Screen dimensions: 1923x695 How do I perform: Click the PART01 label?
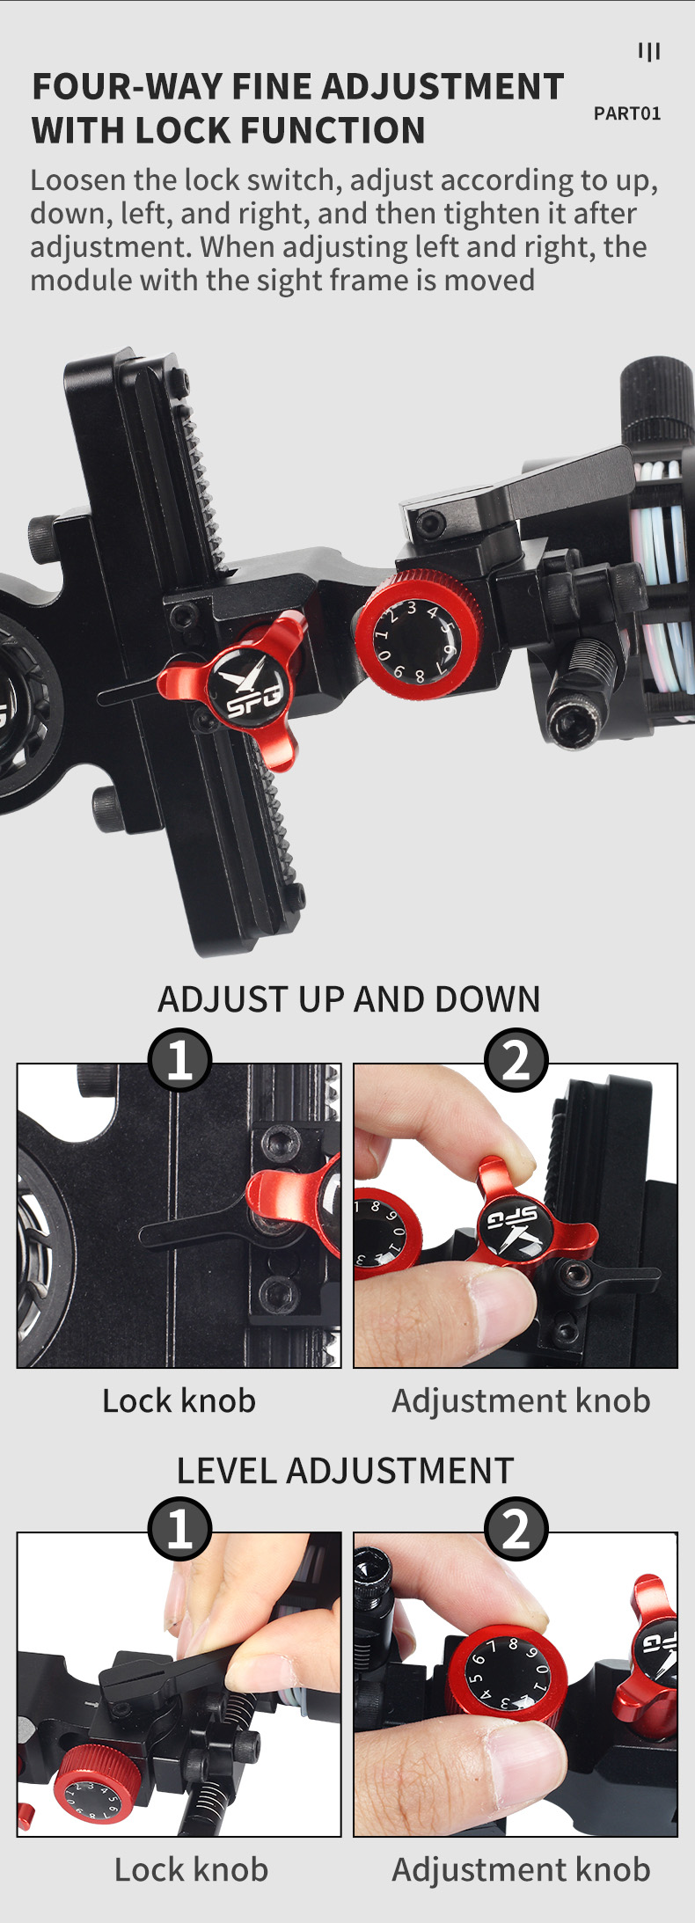(626, 113)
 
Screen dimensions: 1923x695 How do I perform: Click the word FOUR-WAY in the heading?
(127, 87)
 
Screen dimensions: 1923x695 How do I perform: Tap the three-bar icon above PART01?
(649, 52)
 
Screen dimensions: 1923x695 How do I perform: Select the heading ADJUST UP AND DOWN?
(348, 999)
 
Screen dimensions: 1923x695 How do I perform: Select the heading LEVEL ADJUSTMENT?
(345, 1471)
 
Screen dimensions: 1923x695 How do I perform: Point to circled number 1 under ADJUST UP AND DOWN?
(179, 1059)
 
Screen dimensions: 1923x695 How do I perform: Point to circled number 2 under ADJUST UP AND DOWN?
(516, 1059)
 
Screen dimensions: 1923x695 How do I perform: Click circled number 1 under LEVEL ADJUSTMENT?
(179, 1529)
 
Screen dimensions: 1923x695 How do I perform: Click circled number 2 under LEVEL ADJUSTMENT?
(516, 1529)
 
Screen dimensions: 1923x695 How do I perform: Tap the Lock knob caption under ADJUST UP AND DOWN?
(179, 1400)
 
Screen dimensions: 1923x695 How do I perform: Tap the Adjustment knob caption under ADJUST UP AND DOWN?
(521, 1400)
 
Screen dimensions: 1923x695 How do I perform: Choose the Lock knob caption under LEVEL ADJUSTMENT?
(191, 1869)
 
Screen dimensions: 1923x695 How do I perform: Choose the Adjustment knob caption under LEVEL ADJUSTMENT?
(521, 1869)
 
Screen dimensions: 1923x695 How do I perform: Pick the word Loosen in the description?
(78, 180)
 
